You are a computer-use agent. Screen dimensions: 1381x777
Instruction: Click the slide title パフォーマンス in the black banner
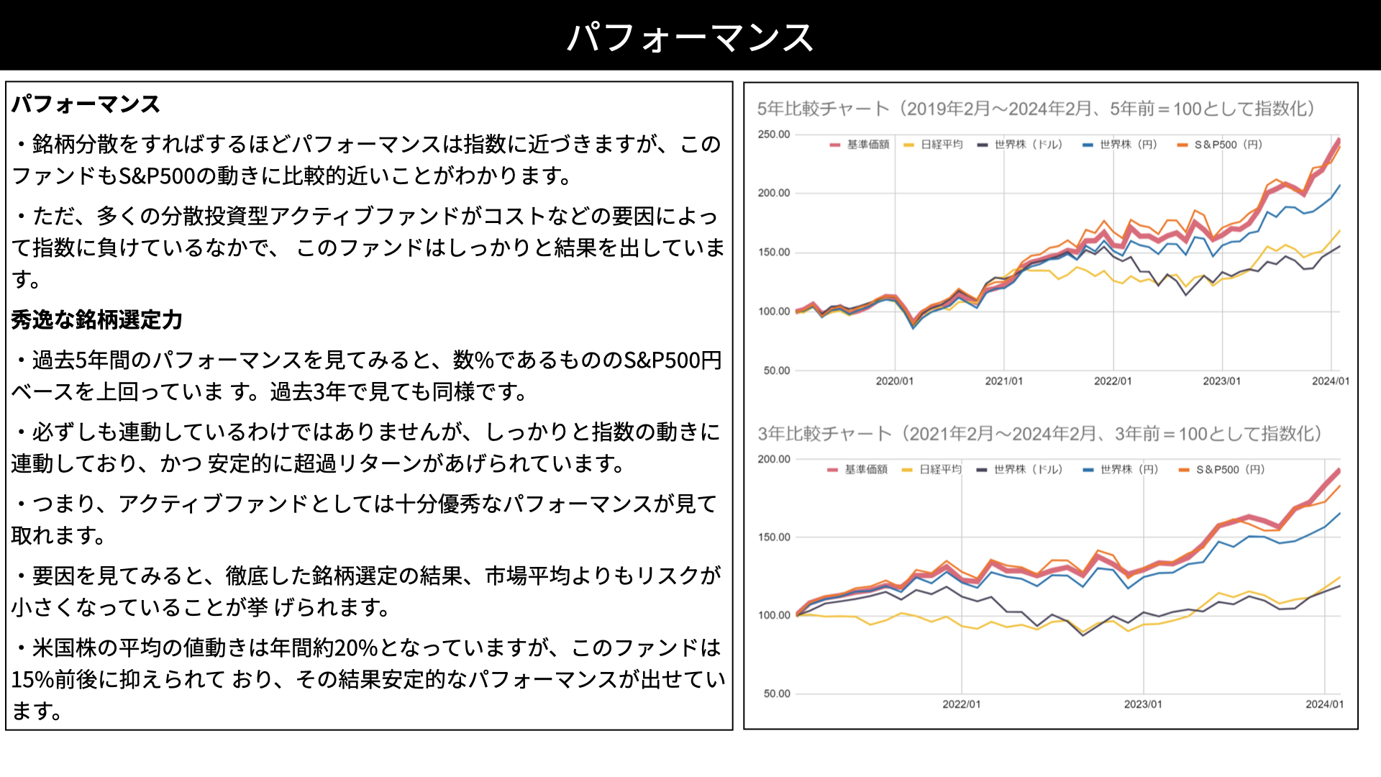click(690, 37)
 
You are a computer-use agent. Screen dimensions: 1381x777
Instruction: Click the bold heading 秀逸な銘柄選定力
click(97, 319)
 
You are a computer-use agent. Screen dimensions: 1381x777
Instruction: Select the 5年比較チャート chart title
click(1036, 109)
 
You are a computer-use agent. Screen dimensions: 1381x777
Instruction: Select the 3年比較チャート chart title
click(1039, 434)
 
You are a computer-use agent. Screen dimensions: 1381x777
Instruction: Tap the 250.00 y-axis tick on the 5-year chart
click(774, 135)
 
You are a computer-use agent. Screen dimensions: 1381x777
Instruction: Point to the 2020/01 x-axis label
click(895, 381)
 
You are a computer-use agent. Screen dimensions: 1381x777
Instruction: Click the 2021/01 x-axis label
click(1004, 381)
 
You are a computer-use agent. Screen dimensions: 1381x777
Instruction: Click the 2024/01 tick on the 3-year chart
click(1325, 704)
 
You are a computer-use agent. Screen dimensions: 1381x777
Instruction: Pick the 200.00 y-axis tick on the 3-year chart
click(774, 459)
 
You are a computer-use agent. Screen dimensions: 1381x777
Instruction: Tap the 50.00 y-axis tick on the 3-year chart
click(777, 694)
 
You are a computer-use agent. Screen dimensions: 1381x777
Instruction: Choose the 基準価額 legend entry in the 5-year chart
click(860, 145)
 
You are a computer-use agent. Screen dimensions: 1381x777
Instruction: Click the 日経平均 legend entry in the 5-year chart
click(933, 145)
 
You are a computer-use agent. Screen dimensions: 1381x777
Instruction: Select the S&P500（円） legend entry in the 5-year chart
click(1220, 145)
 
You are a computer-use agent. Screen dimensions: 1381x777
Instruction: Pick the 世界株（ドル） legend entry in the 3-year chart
click(1019, 470)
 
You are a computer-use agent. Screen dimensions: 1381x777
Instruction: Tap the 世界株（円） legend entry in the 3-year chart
click(1121, 470)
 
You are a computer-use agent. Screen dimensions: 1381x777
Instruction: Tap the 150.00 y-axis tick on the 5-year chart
click(774, 253)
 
